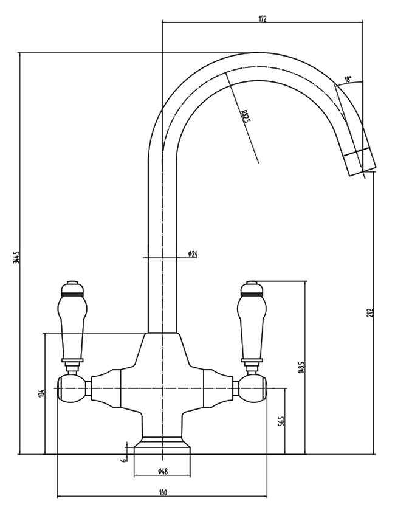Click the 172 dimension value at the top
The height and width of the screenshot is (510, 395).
[x=262, y=18]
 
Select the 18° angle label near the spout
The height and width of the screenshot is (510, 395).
[x=348, y=80]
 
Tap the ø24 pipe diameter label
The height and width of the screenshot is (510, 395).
[x=193, y=253]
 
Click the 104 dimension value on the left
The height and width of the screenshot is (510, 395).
[x=41, y=393]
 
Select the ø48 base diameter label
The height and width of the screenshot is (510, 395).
[x=162, y=472]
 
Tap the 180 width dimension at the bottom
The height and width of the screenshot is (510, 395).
[x=162, y=493]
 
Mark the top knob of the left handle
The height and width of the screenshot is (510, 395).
[x=71, y=285]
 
